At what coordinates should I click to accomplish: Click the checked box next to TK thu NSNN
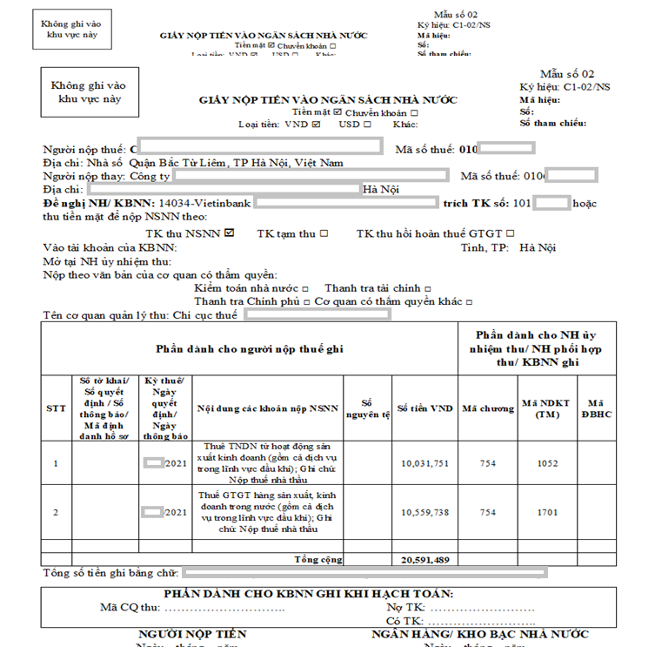tap(230, 233)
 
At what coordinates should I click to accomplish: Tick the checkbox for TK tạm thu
tap(324, 233)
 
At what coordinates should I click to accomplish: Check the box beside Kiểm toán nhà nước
tap(306, 288)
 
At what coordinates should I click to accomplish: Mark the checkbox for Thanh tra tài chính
tap(428, 288)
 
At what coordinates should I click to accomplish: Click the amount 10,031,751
tap(425, 463)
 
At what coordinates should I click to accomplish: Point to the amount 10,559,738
tap(425, 512)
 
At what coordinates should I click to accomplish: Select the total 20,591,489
tap(425, 559)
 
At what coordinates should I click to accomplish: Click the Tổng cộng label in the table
tap(318, 559)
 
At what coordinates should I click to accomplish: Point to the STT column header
tap(55, 408)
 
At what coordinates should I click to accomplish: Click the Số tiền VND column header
tap(425, 408)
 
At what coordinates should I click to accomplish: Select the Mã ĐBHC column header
tap(596, 408)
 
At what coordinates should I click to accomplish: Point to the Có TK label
tap(404, 621)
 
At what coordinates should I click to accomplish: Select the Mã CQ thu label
tap(130, 607)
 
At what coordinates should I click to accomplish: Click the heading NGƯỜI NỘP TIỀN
tap(192, 635)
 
